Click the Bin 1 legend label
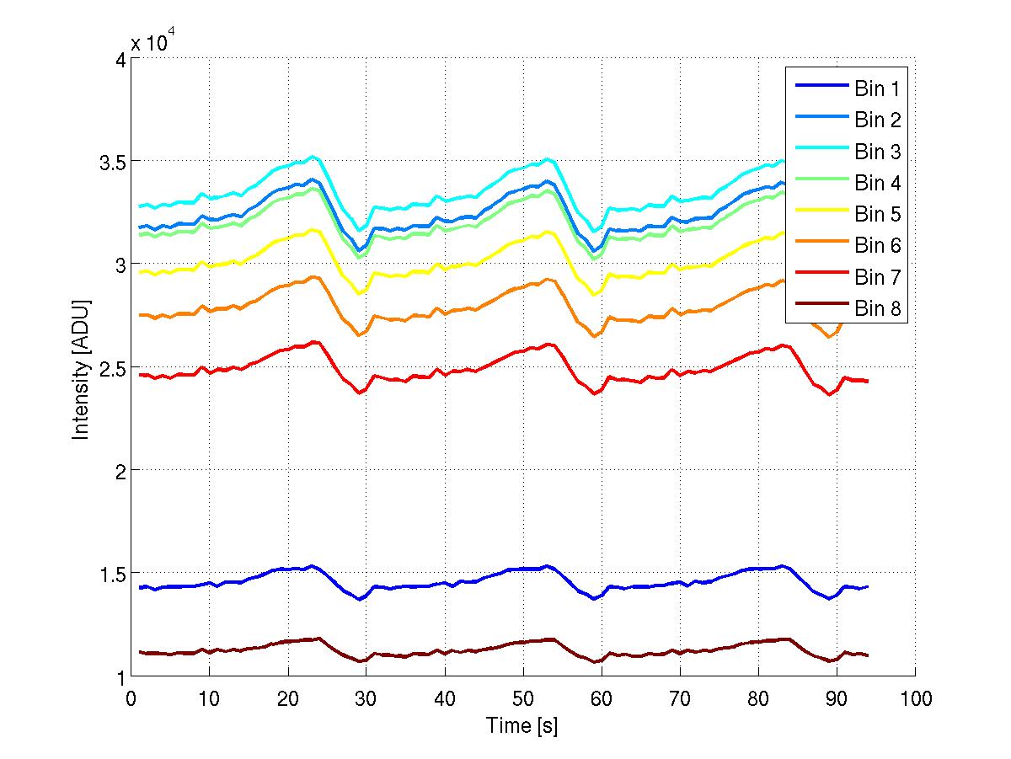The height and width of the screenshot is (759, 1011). click(x=878, y=88)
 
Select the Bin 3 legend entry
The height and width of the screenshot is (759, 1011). click(x=878, y=152)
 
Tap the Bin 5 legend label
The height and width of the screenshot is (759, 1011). click(x=878, y=215)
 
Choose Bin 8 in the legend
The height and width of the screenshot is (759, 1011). click(x=878, y=309)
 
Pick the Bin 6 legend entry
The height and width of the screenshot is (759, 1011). click(x=878, y=246)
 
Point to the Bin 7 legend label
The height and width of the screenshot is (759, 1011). click(x=878, y=277)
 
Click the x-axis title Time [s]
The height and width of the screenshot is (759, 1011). click(x=522, y=725)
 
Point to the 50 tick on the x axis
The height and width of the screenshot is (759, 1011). click(x=522, y=698)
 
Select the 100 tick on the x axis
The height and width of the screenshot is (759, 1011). click(x=915, y=698)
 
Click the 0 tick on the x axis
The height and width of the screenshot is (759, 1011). click(x=131, y=698)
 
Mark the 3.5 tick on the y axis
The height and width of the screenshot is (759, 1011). click(x=109, y=161)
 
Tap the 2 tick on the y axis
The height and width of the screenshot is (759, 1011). click(x=119, y=470)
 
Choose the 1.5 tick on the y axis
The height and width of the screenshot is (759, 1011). click(x=109, y=574)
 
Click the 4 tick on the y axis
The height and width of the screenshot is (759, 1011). click(x=119, y=59)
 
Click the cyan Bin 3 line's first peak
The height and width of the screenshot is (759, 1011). click(x=313, y=156)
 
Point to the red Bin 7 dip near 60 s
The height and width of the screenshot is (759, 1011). click(x=596, y=393)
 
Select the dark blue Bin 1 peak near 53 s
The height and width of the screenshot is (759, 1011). click(x=546, y=566)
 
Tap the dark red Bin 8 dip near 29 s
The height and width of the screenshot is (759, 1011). click(x=360, y=661)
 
